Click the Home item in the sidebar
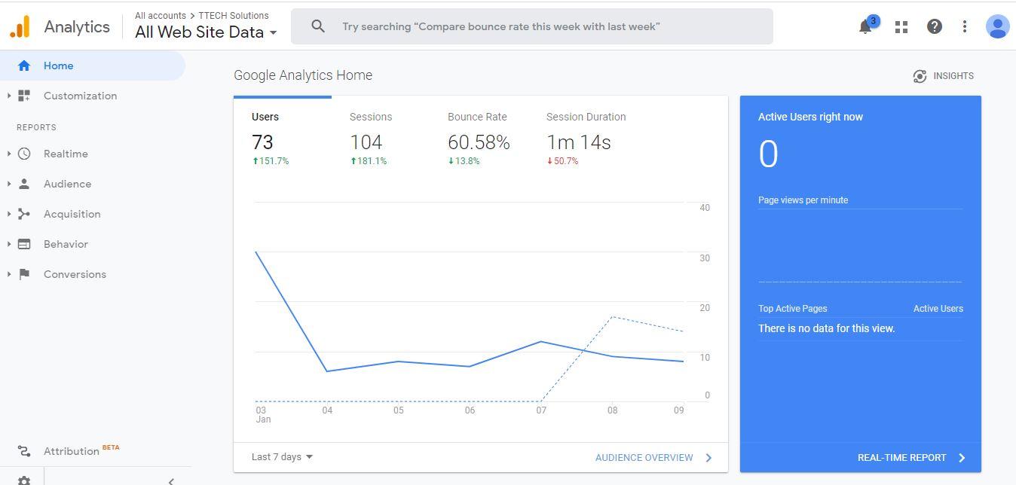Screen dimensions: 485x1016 pos(58,66)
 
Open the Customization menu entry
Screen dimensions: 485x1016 pos(80,96)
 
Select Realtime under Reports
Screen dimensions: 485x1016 pos(66,154)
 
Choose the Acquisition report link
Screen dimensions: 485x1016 pos(72,214)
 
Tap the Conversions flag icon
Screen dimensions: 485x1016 pos(24,274)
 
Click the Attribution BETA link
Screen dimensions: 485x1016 pos(72,451)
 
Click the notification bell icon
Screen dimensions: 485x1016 pos(865,27)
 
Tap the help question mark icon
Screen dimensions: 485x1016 pos(934,26)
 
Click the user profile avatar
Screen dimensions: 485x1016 pos(997,26)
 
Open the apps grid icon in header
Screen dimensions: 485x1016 pos(901,26)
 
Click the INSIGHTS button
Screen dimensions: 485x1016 pos(943,76)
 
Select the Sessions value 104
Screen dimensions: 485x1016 pos(366,142)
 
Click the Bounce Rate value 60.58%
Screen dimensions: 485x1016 pos(479,142)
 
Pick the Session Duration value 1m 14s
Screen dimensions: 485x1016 pos(578,142)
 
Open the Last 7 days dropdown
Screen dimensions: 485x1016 pos(282,457)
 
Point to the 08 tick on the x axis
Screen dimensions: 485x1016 pos(612,410)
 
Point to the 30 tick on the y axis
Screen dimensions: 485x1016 pos(705,258)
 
